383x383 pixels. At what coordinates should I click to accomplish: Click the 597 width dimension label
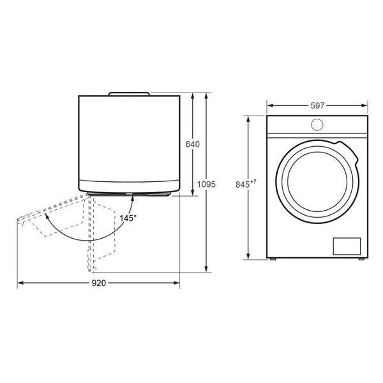[x=317, y=105]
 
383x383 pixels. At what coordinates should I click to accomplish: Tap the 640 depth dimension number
[x=193, y=144]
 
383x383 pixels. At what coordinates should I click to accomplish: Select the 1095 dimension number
[x=206, y=184]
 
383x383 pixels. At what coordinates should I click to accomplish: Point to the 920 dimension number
[x=99, y=283]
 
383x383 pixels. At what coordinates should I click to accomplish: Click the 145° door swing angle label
[x=128, y=218]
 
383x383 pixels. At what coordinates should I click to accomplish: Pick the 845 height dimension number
[x=243, y=184]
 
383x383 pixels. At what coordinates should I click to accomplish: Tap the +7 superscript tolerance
[x=253, y=181]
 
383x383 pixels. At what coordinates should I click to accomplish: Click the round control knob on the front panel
[x=317, y=124]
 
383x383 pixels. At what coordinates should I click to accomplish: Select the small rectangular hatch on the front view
[x=347, y=246]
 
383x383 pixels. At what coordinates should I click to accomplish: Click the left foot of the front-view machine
[x=273, y=259]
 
